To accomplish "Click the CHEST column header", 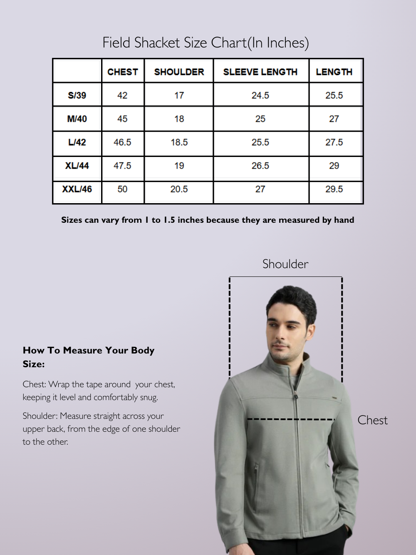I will coord(122,72).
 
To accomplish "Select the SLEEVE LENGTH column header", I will coord(260,72).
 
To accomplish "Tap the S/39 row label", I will coord(77,95).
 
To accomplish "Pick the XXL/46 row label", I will coord(77,189).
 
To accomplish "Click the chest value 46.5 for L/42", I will coord(122,142).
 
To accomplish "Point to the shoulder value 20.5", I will coord(179,189).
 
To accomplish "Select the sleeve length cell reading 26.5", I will coord(260,166).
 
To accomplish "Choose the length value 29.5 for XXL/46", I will coord(334,189).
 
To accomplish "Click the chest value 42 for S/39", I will coord(122,95).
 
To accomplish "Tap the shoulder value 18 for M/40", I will coord(179,119).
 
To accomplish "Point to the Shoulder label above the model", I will coord(285,264).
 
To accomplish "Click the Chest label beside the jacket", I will coord(372,420).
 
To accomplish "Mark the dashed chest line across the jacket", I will coord(291,419).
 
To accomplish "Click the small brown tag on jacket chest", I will coord(334,398).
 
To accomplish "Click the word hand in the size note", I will coord(344,220).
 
